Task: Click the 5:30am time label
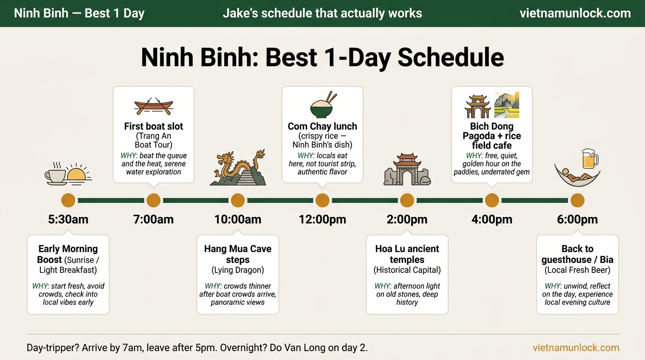pos(68,219)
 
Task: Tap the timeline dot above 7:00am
pos(153,201)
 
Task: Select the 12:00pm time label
pos(322,219)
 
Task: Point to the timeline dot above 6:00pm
pos(577,201)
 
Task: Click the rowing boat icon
pos(153,106)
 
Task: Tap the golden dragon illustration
pos(238,168)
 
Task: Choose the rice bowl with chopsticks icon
pos(322,105)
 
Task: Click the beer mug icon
pos(589,159)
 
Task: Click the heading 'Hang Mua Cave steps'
pos(238,254)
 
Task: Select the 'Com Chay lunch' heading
pos(322,126)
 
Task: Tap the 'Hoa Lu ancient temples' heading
pos(407,254)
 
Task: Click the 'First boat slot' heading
pos(153,126)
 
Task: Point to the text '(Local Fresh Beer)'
pos(577,270)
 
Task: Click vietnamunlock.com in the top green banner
pos(575,13)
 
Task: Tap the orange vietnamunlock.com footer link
pos(576,348)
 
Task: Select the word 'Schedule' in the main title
pos(450,58)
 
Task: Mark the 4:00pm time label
pos(492,219)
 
